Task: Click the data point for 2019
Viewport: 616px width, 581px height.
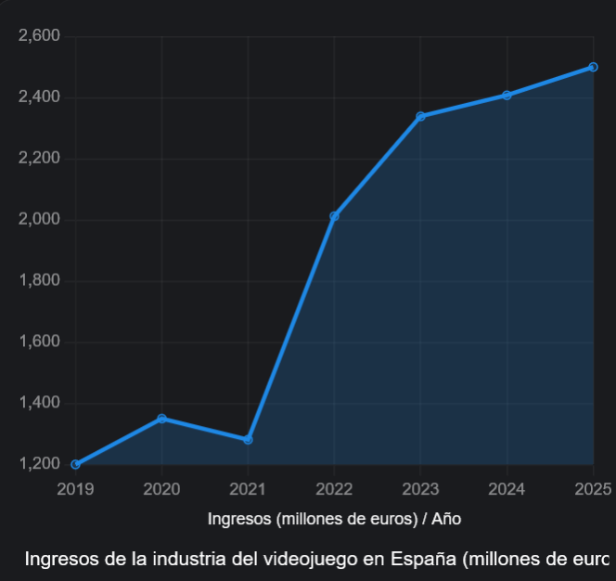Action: coord(75,464)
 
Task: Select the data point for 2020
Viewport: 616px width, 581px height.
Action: coord(161,419)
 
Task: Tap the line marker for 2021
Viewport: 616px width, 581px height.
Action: coord(248,439)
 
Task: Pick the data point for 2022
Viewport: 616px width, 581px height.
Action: coord(334,216)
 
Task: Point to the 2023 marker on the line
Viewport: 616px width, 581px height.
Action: coord(420,116)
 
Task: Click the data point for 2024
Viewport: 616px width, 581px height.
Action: coord(507,95)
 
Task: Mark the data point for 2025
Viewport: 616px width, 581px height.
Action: coord(593,67)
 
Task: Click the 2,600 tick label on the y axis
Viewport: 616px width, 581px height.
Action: coord(39,36)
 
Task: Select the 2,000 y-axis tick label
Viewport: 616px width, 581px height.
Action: coord(39,220)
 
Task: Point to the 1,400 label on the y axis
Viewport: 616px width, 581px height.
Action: coord(39,403)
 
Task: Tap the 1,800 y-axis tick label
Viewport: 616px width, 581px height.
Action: coord(39,280)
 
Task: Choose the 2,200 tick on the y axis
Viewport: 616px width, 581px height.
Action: coord(39,159)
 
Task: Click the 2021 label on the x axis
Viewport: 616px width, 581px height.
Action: coord(248,488)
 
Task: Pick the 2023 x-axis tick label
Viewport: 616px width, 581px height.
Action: coord(420,488)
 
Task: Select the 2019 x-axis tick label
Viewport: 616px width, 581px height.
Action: coord(75,488)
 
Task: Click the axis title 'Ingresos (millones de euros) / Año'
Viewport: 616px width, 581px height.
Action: coord(334,519)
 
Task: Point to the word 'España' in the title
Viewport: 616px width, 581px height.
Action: coord(424,560)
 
